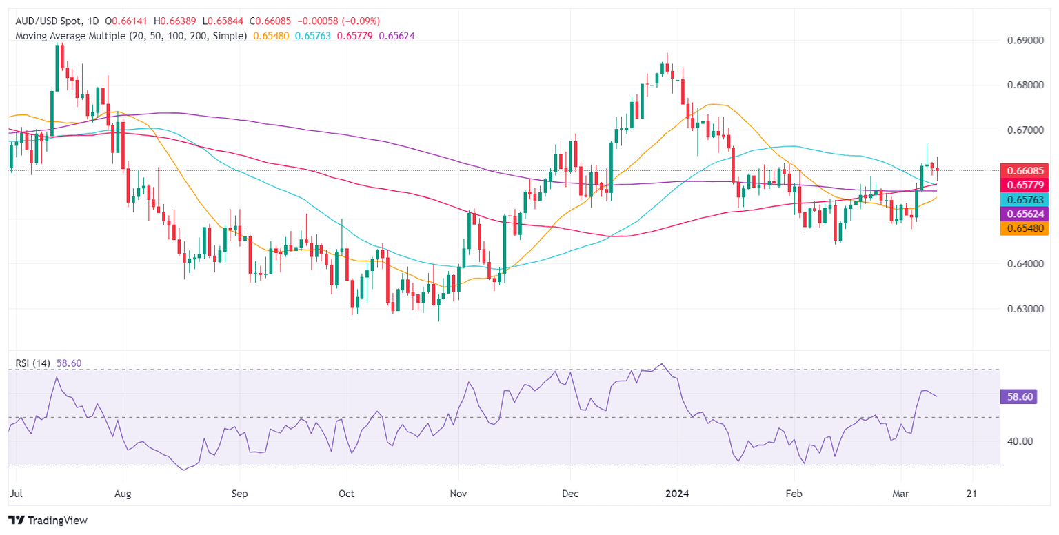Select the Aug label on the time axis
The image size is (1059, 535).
123,494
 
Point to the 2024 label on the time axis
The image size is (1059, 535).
678,494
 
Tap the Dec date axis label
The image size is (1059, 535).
570,494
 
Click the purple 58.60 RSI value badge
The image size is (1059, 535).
1018,396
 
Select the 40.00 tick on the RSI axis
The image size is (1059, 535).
1018,441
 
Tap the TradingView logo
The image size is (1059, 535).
48,521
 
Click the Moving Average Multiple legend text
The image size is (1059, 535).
131,35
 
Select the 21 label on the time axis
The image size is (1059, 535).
972,494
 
